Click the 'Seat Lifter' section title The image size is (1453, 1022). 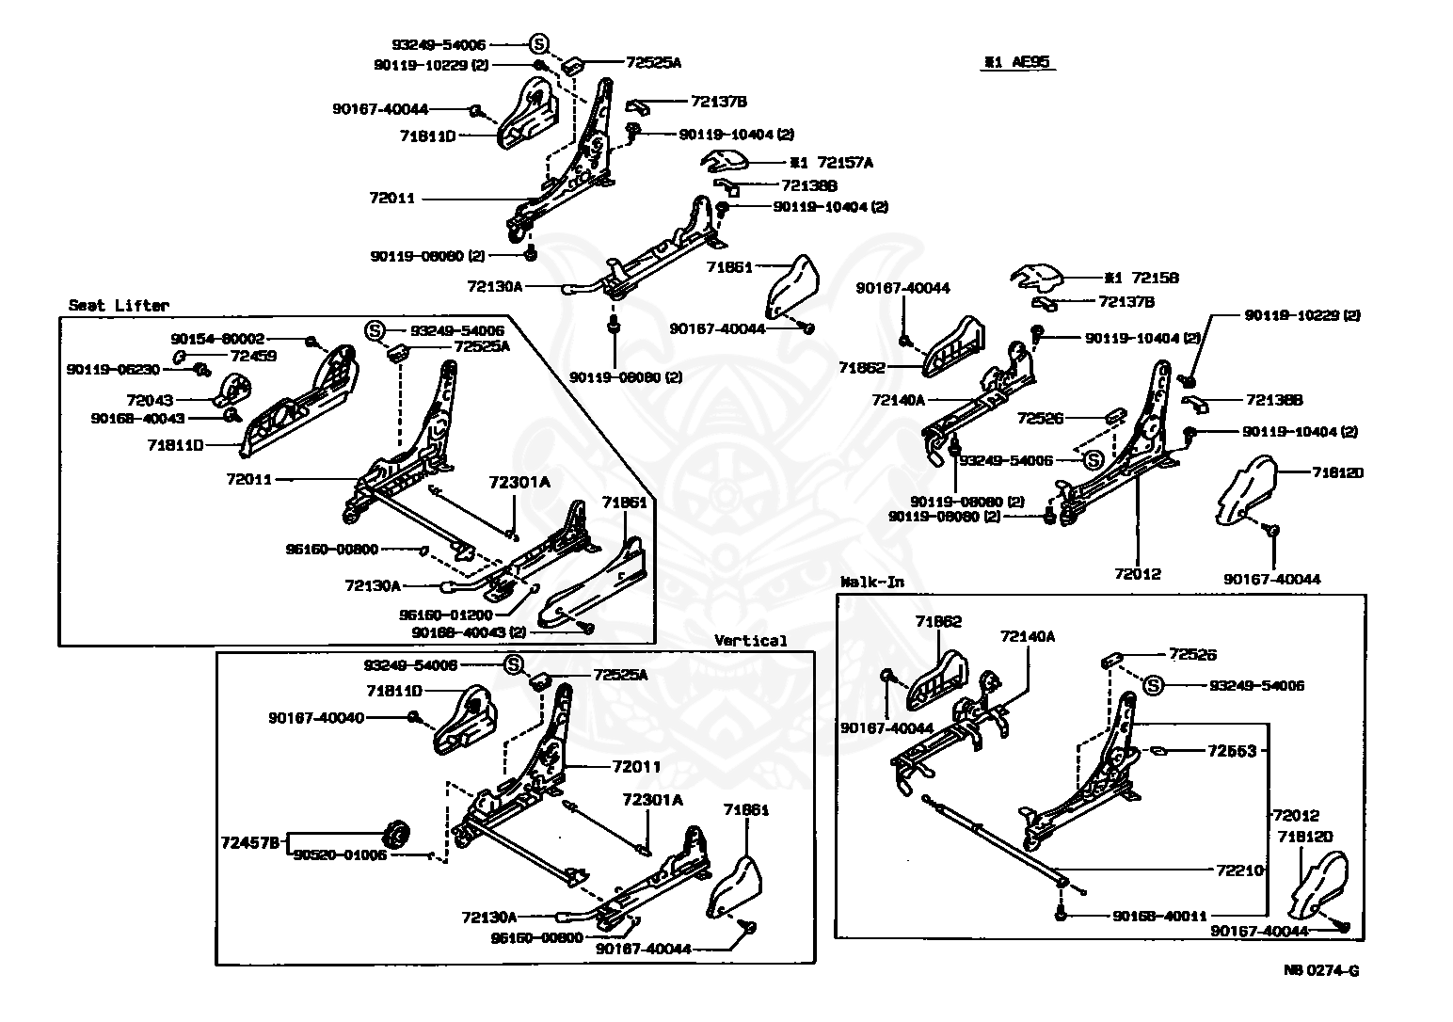coord(119,306)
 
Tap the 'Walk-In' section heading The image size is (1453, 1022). coord(871,583)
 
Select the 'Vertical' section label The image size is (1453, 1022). coord(750,641)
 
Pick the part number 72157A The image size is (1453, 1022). coord(843,163)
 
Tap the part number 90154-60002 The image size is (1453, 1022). coord(217,339)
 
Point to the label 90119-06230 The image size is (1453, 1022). coord(113,369)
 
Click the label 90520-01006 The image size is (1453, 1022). coord(340,855)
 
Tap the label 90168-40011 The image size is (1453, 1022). coord(1159,915)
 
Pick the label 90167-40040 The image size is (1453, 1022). coord(315,717)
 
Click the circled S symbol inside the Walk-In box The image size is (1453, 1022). coord(1155,685)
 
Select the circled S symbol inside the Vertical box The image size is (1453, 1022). coord(514,664)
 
